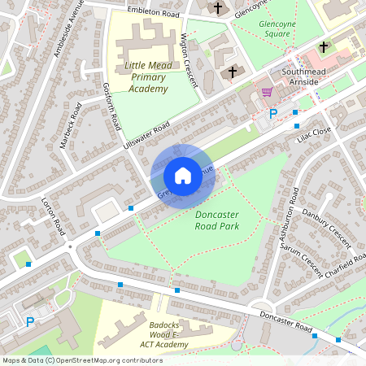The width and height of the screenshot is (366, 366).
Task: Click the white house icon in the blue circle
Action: (x=183, y=176)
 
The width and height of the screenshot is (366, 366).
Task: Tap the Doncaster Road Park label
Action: (x=228, y=220)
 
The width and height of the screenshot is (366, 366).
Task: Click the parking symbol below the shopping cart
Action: (x=273, y=115)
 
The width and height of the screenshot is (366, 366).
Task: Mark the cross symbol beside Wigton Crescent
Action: (x=232, y=72)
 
